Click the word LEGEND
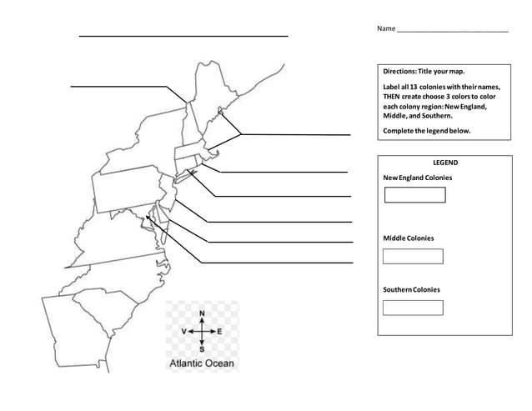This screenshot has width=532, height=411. [444, 163]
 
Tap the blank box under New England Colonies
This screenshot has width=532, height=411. [414, 195]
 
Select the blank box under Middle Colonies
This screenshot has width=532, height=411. [412, 256]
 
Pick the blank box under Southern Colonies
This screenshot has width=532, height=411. [412, 308]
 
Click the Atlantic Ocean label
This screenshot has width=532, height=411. [203, 363]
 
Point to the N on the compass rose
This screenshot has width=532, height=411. [202, 314]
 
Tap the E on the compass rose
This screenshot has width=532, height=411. [219, 331]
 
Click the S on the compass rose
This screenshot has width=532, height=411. [202, 348]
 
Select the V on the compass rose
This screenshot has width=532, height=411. [183, 331]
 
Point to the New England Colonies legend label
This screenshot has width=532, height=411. [417, 178]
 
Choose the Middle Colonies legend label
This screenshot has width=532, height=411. [408, 238]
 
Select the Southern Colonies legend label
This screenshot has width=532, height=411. [411, 289]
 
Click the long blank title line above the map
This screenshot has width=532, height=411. [183, 36]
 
